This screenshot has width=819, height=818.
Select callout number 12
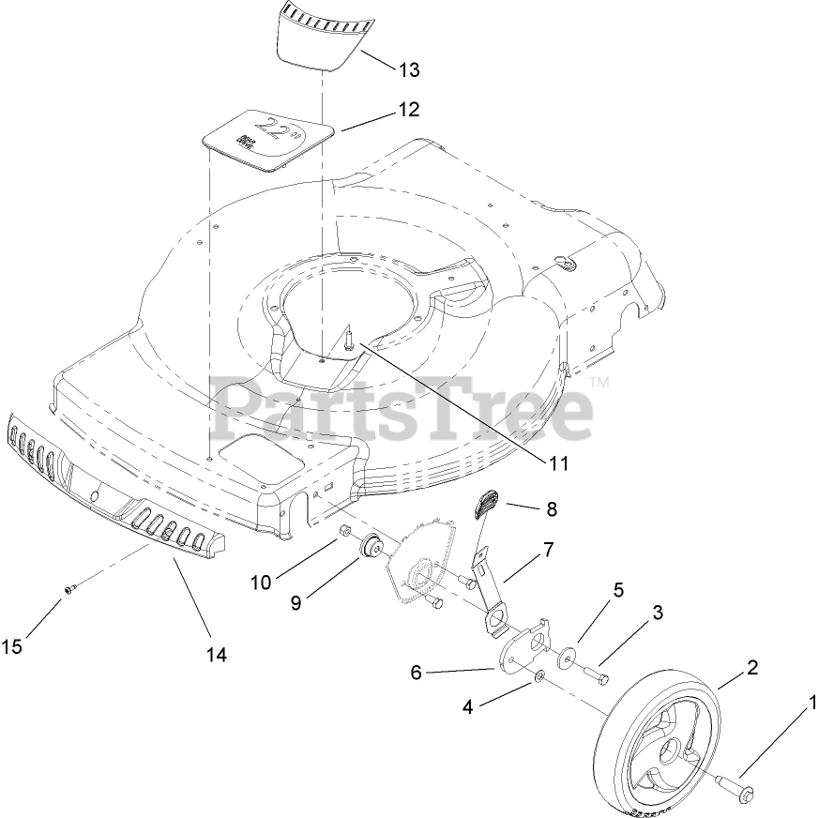[408, 109]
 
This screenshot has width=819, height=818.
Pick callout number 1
[812, 701]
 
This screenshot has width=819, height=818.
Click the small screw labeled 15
[68, 588]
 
